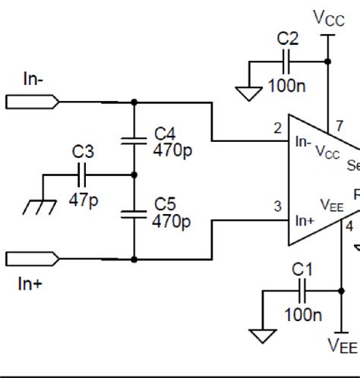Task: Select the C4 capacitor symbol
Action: (x=134, y=140)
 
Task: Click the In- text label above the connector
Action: (x=32, y=80)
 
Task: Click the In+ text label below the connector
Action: (x=31, y=284)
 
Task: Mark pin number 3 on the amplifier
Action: (x=278, y=206)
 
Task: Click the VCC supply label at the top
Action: (x=328, y=17)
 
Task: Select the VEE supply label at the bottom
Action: (x=342, y=346)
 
